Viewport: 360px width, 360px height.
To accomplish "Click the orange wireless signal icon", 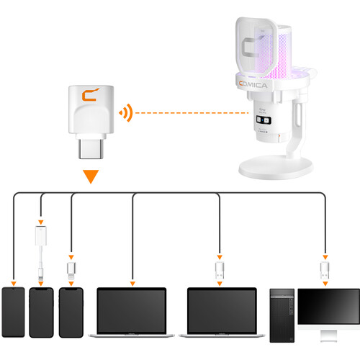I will [127, 113].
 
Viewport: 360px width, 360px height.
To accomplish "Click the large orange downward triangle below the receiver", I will [90, 175].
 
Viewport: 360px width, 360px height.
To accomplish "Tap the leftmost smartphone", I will [14, 312].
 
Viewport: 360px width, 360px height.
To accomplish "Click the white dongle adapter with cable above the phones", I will [41, 241].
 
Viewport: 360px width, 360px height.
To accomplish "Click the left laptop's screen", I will [131, 310].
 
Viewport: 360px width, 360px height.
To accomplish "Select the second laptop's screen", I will [221, 310].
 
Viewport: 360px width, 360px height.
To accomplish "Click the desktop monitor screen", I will [328, 307].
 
